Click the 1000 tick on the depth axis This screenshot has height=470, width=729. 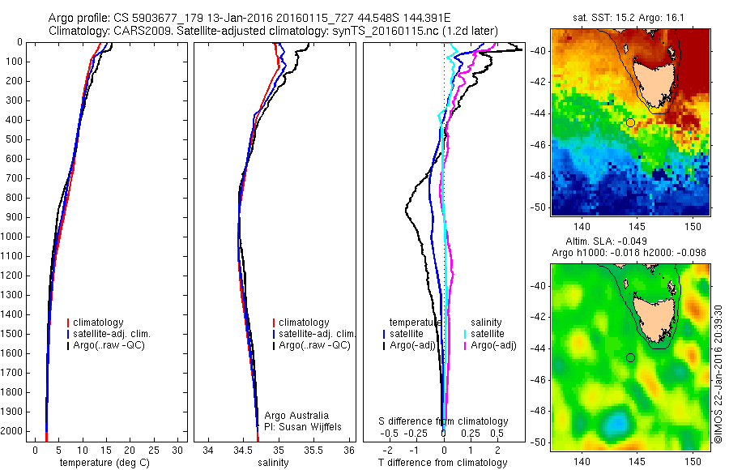click(13, 237)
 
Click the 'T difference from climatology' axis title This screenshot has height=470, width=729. click(442, 463)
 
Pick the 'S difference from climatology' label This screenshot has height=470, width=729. click(444, 421)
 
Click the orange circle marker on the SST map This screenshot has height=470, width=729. click(630, 122)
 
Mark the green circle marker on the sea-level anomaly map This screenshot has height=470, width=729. click(630, 357)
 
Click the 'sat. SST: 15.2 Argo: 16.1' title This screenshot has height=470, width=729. click(630, 18)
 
